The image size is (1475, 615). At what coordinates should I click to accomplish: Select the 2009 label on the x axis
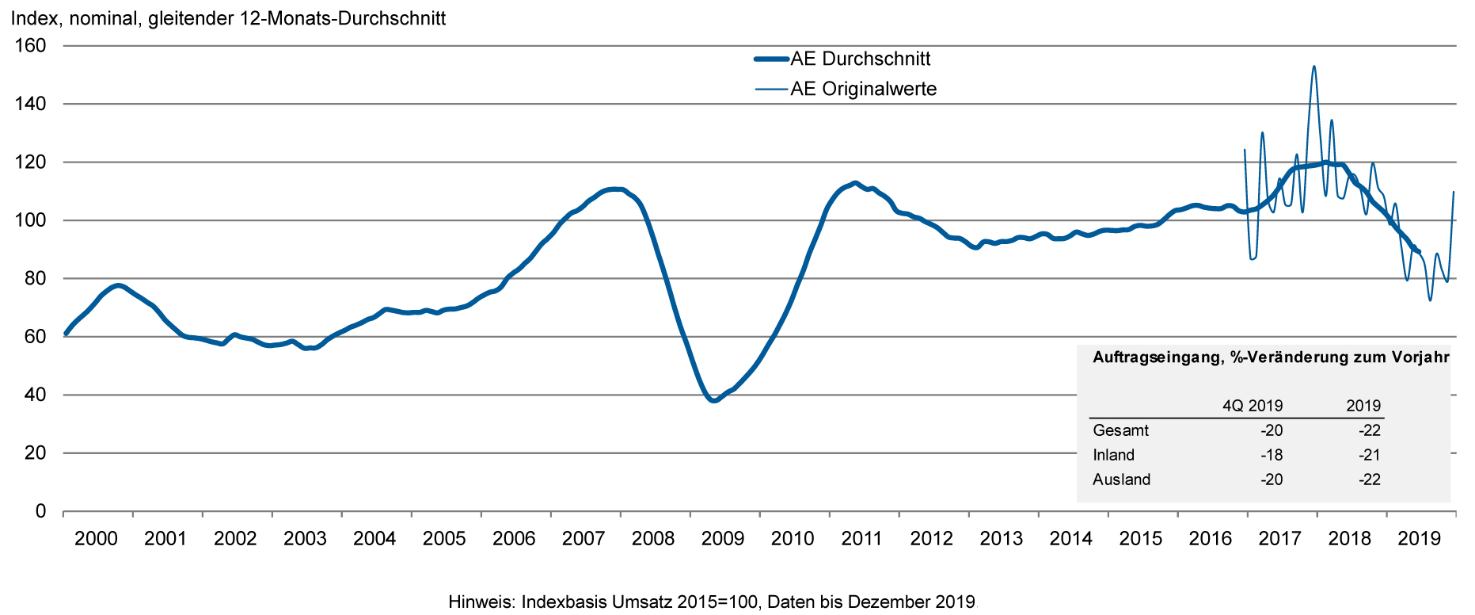[x=723, y=540]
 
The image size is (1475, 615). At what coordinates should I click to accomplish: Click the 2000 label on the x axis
[x=96, y=540]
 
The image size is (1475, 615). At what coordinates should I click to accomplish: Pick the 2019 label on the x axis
[x=1419, y=540]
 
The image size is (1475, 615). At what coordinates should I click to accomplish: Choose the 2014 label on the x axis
[x=1070, y=540]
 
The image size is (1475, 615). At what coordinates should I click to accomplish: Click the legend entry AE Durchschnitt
[x=860, y=59]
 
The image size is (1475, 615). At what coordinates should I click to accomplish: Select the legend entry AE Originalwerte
[x=863, y=89]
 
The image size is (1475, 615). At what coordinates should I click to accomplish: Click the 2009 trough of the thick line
[x=713, y=400]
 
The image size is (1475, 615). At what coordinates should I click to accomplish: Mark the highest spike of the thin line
[x=1313, y=67]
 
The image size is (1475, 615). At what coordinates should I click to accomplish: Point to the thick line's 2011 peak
[x=854, y=183]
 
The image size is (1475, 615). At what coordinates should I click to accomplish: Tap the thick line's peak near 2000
[x=118, y=285]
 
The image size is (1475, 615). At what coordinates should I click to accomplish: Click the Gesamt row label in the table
[x=1120, y=430]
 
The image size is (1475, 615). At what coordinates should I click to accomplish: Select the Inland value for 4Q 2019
[x=1271, y=455]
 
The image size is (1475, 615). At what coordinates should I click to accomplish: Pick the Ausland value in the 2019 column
[x=1369, y=479]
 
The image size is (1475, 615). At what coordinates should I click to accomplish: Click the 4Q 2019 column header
[x=1252, y=406]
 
